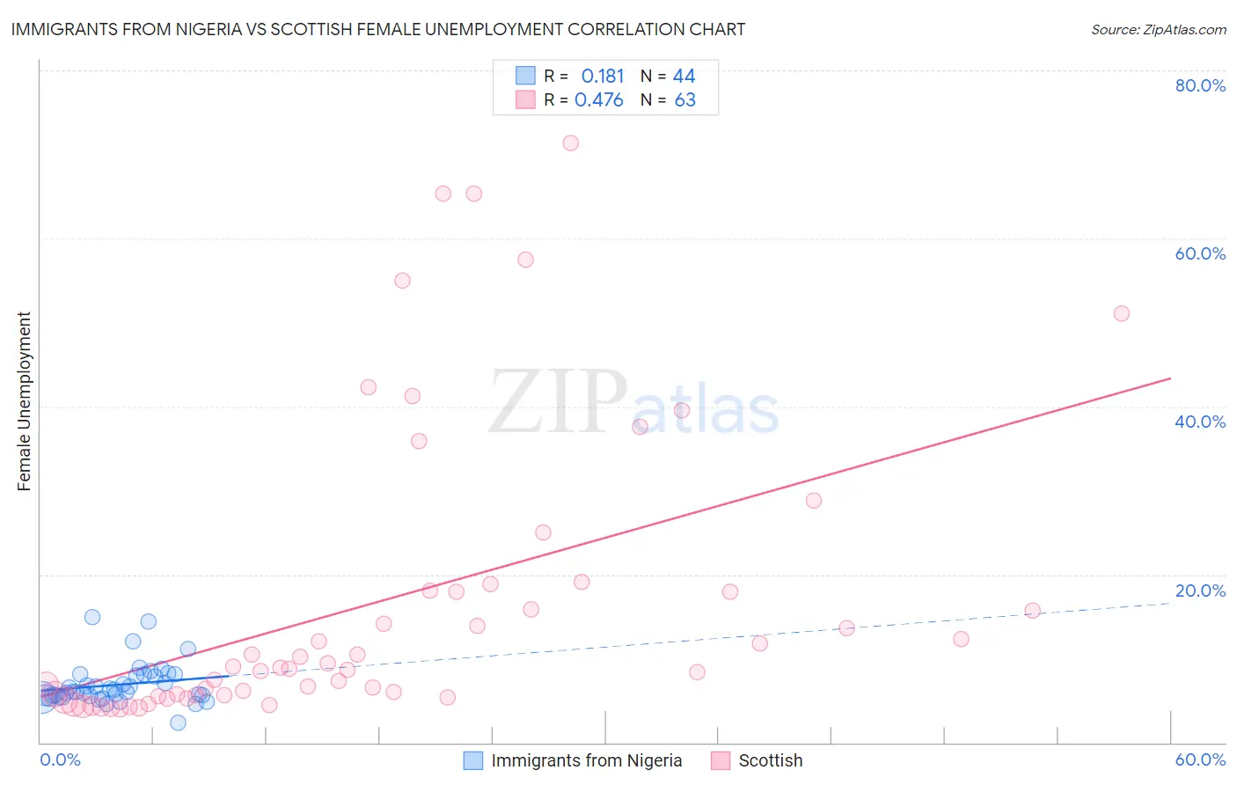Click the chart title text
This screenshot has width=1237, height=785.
coord(378,29)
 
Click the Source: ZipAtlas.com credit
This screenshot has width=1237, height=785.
coord(1158,29)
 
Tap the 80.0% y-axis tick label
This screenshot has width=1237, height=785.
coord(1200,85)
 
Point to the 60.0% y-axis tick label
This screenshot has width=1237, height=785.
coord(1200,253)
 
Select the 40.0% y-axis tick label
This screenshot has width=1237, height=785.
coord(1200,422)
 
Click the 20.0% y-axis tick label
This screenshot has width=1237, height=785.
coord(1200,591)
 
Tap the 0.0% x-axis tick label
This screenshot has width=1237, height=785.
coord(60,759)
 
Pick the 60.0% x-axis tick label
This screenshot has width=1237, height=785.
coord(1200,759)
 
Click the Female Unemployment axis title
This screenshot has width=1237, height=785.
coord(24,401)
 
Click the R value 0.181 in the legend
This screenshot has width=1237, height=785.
coord(603,77)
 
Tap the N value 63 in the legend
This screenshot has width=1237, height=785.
coord(684,100)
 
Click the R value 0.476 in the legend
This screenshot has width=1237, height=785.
coord(599,100)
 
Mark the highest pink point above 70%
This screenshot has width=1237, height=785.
coord(570,143)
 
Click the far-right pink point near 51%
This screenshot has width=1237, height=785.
coord(1121,313)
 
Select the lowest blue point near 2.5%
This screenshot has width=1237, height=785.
coord(178,723)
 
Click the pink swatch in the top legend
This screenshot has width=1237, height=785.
coord(525,99)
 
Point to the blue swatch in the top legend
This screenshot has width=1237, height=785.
coord(525,76)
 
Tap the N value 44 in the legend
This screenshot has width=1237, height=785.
coord(684,77)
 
